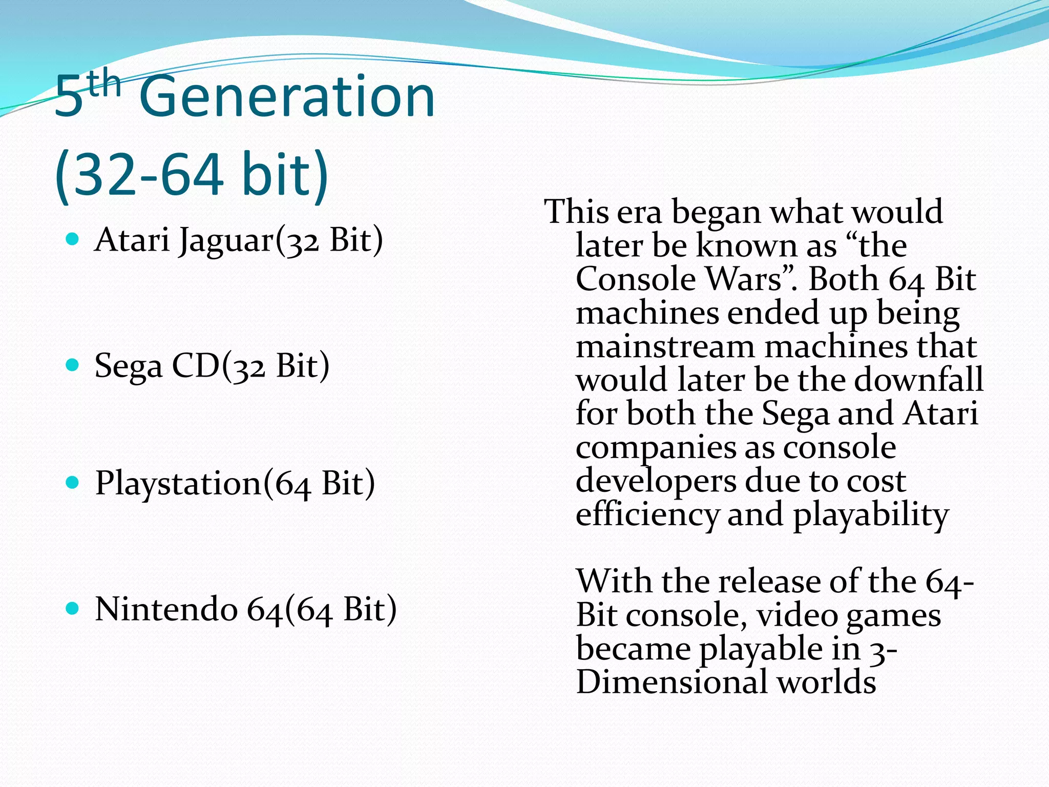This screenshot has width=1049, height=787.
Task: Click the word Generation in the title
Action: [287, 97]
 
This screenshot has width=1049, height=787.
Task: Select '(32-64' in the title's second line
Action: [138, 174]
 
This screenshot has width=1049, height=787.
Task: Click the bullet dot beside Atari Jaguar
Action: [73, 239]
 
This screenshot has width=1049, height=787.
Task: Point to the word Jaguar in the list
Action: [226, 241]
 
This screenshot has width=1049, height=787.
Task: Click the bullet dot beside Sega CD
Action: [73, 365]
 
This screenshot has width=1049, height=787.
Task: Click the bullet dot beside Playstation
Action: [73, 482]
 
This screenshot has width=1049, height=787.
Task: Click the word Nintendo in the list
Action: [166, 609]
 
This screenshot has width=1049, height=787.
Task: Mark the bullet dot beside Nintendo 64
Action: [73, 608]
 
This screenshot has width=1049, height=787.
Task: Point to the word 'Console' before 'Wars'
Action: [635, 279]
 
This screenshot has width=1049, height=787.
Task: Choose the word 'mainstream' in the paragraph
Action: [665, 347]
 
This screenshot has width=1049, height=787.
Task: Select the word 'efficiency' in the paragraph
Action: [647, 515]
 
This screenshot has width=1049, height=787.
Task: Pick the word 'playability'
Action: [871, 515]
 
